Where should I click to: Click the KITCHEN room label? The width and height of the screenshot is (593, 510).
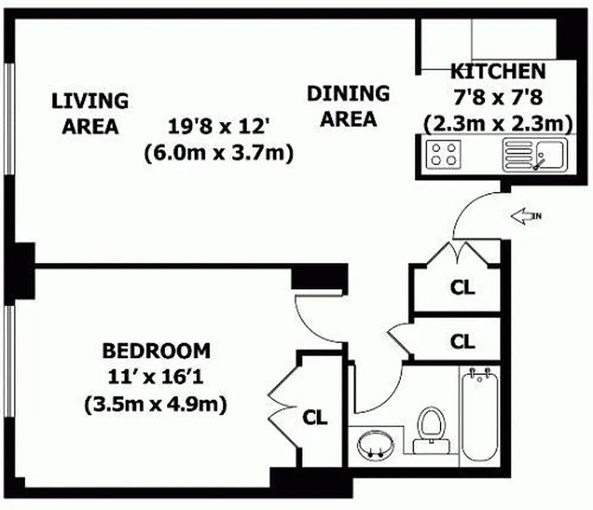click(498, 71)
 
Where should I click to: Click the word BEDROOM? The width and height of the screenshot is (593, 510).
click(156, 351)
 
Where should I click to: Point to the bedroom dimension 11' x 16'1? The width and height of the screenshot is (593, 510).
click(156, 377)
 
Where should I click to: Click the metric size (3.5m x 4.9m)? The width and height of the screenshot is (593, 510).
click(156, 404)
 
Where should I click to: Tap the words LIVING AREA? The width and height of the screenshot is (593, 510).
click(90, 113)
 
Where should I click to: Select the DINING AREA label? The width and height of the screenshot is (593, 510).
click(348, 106)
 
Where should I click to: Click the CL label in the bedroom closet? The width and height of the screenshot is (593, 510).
click(314, 418)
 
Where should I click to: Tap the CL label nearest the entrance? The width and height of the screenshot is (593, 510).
click(462, 288)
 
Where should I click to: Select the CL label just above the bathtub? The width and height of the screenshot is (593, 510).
click(462, 342)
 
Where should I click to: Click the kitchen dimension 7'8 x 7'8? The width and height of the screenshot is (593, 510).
click(498, 97)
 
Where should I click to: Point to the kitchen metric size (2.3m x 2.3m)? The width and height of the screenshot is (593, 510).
click(498, 122)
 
